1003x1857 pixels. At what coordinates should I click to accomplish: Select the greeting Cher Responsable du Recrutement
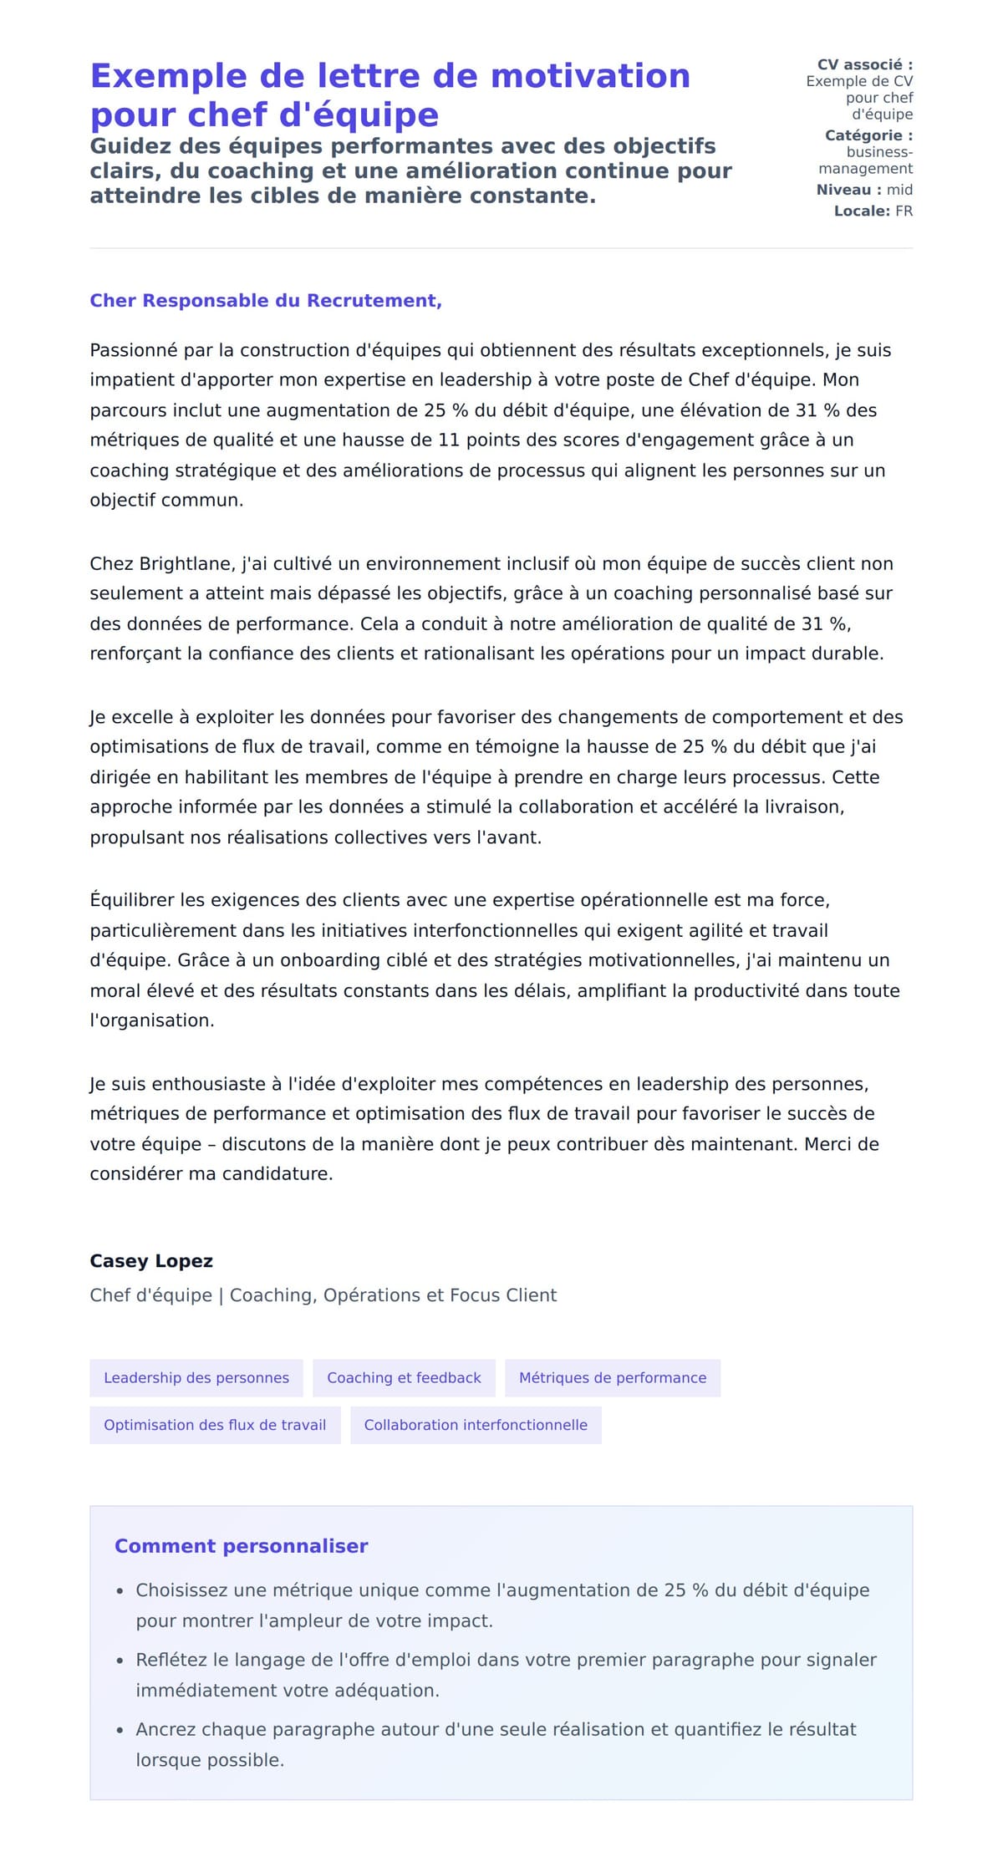click(265, 301)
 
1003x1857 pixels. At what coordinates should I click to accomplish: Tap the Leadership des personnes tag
click(196, 1377)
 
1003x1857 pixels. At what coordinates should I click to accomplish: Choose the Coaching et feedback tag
click(404, 1377)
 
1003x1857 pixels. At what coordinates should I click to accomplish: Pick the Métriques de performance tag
click(612, 1377)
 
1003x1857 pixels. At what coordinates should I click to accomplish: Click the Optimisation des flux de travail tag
click(215, 1425)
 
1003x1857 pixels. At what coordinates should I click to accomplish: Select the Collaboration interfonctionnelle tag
click(476, 1425)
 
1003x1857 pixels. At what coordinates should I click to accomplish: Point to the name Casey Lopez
click(151, 1261)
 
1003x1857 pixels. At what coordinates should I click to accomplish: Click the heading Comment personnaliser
click(241, 1546)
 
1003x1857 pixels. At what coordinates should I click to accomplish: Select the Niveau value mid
click(899, 190)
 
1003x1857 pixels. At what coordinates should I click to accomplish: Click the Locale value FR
click(904, 211)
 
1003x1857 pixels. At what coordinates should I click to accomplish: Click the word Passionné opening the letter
click(134, 350)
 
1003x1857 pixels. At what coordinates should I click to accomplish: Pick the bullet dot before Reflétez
click(120, 1661)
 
